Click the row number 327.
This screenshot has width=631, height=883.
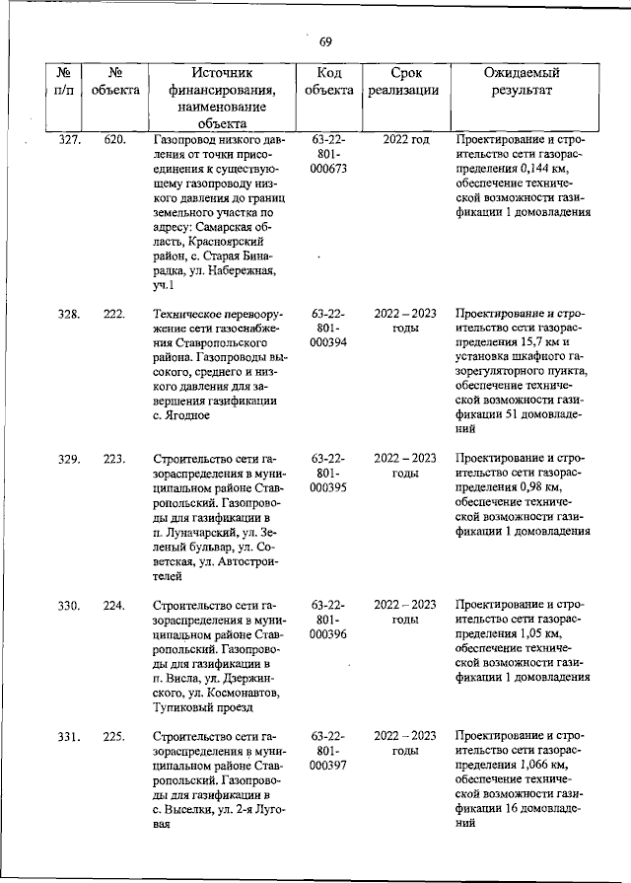pos(69,140)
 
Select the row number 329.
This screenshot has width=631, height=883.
pos(69,459)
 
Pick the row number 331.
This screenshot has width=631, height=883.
pos(69,738)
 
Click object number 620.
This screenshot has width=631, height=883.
pos(114,140)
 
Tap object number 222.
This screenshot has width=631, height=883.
pos(114,314)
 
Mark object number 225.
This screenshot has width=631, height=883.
pos(114,738)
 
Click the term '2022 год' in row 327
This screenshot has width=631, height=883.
pos(405,140)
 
